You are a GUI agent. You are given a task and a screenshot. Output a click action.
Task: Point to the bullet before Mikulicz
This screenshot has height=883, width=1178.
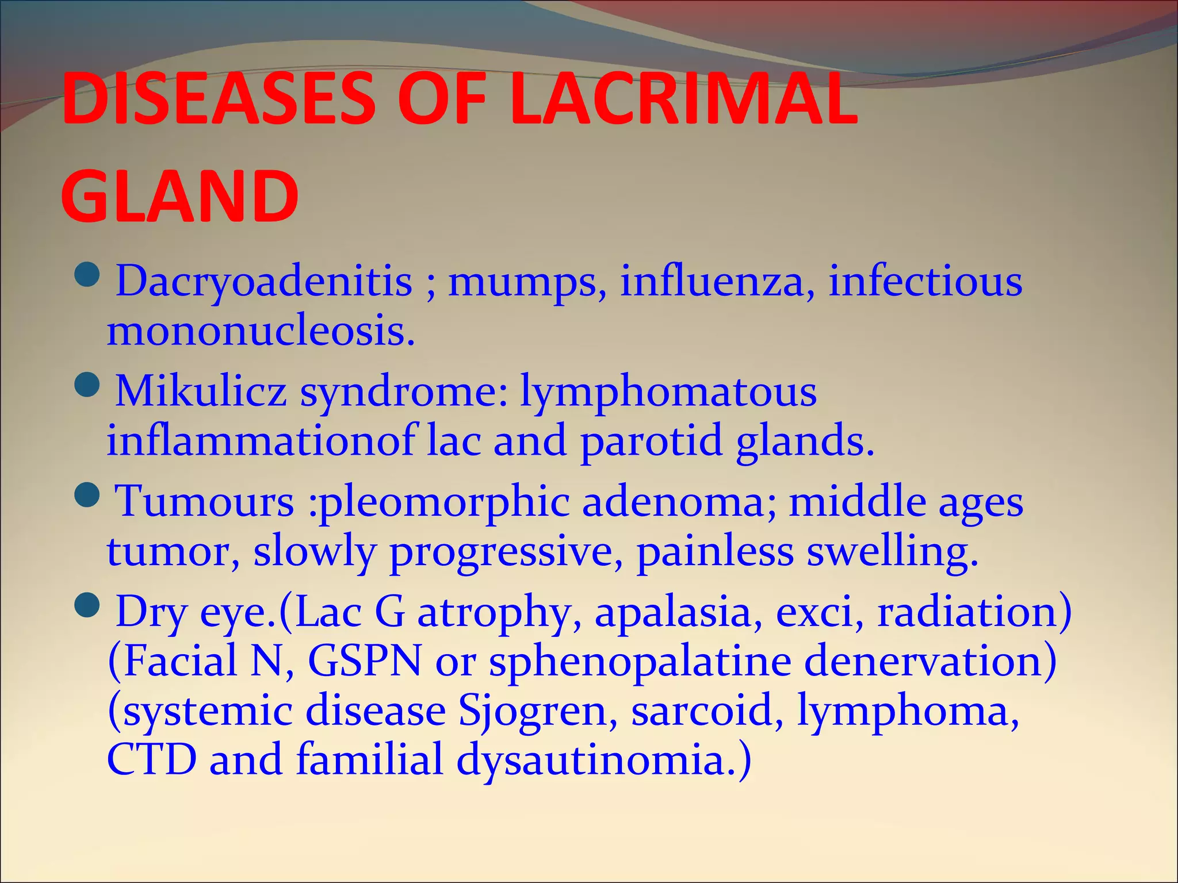pos(88,385)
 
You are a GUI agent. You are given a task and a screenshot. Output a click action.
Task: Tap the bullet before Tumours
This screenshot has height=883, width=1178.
pos(88,494)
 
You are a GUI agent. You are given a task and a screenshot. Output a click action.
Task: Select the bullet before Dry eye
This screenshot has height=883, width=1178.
pos(88,604)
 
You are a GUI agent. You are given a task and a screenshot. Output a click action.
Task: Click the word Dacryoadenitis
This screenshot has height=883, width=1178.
pos(264,282)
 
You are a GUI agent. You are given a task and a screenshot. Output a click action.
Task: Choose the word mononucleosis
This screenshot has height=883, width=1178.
pos(260,332)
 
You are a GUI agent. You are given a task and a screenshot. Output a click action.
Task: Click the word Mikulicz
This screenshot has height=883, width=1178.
pos(201,391)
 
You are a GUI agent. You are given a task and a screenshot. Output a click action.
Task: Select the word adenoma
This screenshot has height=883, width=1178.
pos(679,502)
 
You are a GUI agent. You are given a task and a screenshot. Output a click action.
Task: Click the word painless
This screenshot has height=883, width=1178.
pos(715,552)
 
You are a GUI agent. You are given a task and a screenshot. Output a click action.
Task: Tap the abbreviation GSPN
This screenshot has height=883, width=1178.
pos(365,661)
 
